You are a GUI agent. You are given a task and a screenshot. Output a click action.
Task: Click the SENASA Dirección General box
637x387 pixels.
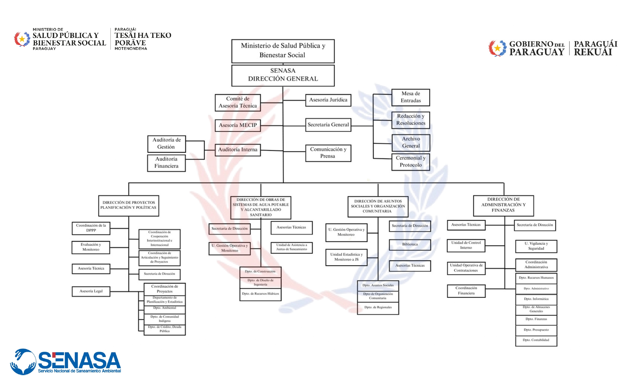283,75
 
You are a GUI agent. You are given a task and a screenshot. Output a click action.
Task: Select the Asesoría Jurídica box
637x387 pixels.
328,100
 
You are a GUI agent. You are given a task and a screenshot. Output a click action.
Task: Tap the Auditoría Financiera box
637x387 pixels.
166,163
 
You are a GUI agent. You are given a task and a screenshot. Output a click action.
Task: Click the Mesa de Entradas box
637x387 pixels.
410,97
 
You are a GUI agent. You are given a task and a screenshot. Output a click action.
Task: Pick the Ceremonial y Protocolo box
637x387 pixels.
410,161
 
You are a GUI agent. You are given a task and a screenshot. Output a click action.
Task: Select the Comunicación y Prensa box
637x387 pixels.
328,153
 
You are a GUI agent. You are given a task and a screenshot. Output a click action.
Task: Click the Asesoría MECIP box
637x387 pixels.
238,125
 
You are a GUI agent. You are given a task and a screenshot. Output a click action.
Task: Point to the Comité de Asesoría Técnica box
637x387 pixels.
238,102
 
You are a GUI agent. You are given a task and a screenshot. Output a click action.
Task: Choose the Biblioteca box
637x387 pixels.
410,244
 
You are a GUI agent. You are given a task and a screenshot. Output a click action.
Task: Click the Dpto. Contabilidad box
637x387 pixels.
536,340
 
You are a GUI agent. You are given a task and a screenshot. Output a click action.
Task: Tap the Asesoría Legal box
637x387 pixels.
91,291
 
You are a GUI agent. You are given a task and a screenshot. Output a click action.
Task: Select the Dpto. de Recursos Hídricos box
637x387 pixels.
260,294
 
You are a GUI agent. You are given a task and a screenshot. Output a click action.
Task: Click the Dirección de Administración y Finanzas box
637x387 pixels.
503,205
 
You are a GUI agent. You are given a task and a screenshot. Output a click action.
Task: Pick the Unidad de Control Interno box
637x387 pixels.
466,245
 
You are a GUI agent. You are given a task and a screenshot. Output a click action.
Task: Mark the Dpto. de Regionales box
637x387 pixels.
378,307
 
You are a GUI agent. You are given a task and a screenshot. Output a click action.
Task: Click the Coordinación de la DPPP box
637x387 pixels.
91,228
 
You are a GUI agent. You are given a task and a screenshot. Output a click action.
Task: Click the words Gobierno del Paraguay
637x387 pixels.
537,48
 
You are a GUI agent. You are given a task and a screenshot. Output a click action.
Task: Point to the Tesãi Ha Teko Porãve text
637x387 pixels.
143,39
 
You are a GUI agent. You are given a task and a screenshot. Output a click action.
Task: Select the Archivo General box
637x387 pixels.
411,142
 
